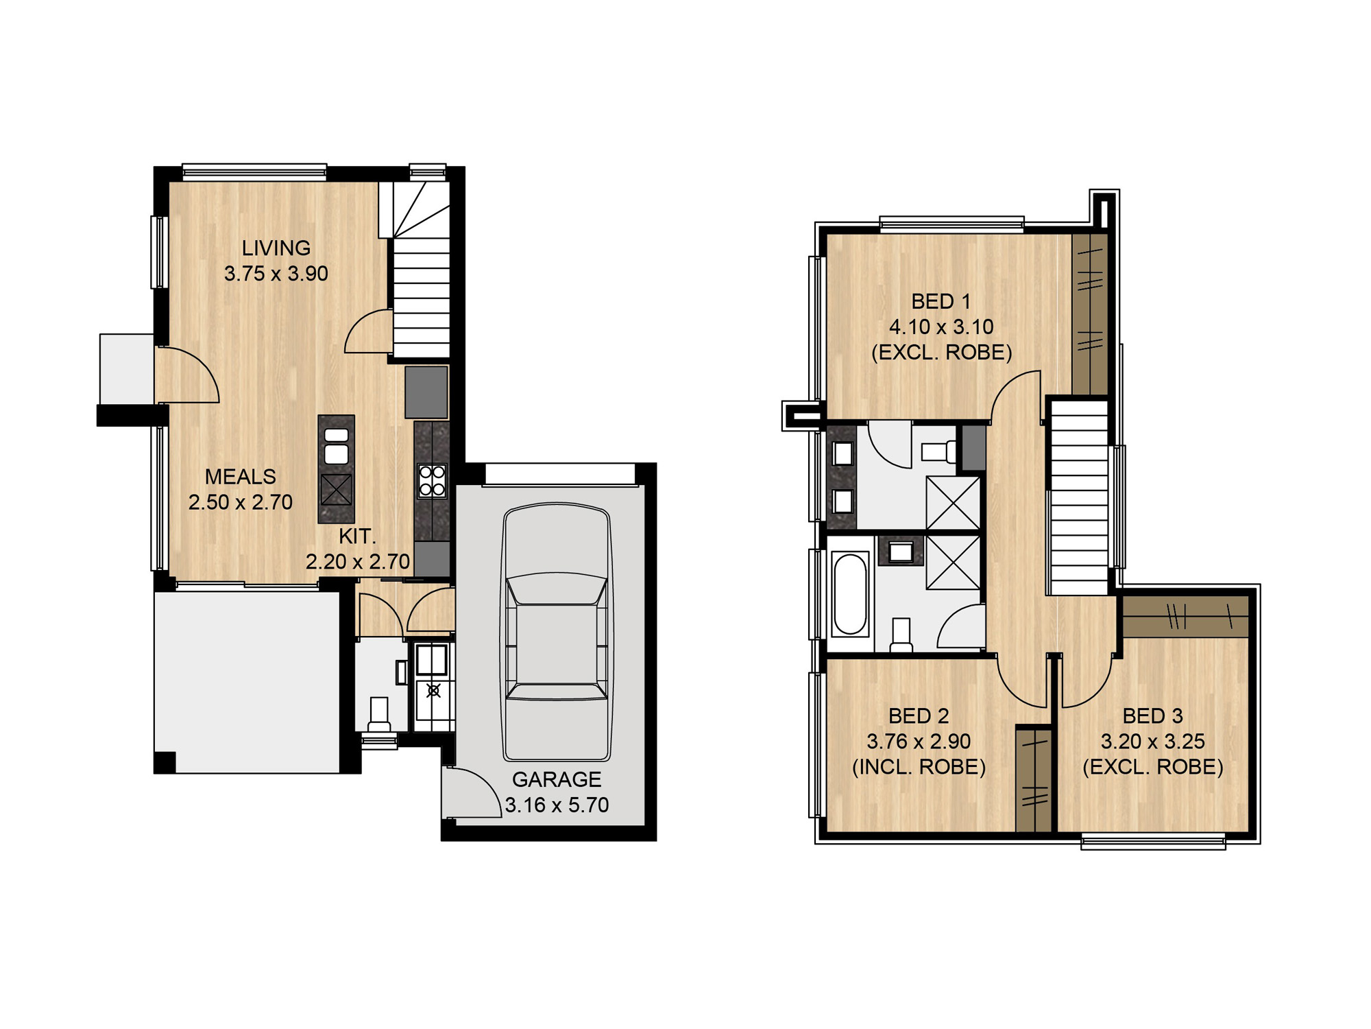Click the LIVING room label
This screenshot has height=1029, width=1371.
pos(276,248)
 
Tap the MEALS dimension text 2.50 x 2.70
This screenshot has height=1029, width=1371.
pos(241,502)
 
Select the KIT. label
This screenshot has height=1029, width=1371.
pos(357,536)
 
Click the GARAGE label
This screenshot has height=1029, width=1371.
pos(557,779)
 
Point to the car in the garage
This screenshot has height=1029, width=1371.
pos(557,632)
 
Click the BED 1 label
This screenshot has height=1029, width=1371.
pos(941,301)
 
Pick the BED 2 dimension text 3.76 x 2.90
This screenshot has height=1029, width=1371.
pos(919,742)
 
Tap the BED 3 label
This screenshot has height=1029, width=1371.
pos(1153,716)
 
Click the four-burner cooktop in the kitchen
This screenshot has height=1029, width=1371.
pos(432,480)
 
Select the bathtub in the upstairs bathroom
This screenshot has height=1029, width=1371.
pos(850,594)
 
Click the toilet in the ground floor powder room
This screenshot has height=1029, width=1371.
pos(379,714)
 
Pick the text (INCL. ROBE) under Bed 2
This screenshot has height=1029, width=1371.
pos(919,767)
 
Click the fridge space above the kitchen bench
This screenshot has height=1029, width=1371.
pos(426,392)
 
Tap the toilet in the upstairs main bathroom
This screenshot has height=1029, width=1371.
pos(901,635)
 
